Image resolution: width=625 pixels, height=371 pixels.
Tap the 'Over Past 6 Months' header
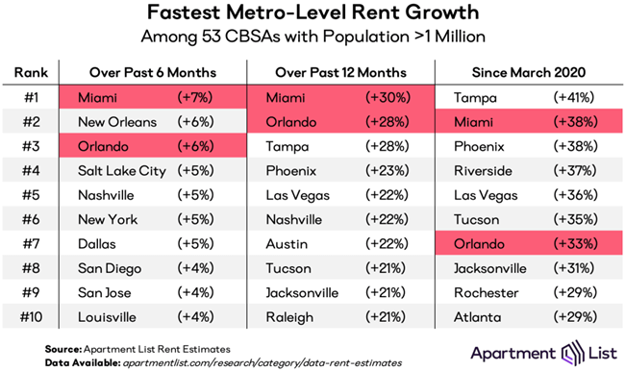pyautogui.click(x=154, y=71)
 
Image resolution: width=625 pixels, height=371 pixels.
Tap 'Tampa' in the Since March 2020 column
pyautogui.click(x=475, y=98)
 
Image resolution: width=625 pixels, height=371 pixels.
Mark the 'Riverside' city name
pyautogui.click(x=483, y=171)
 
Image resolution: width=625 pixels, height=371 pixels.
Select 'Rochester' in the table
pyautogui.click(x=486, y=291)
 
